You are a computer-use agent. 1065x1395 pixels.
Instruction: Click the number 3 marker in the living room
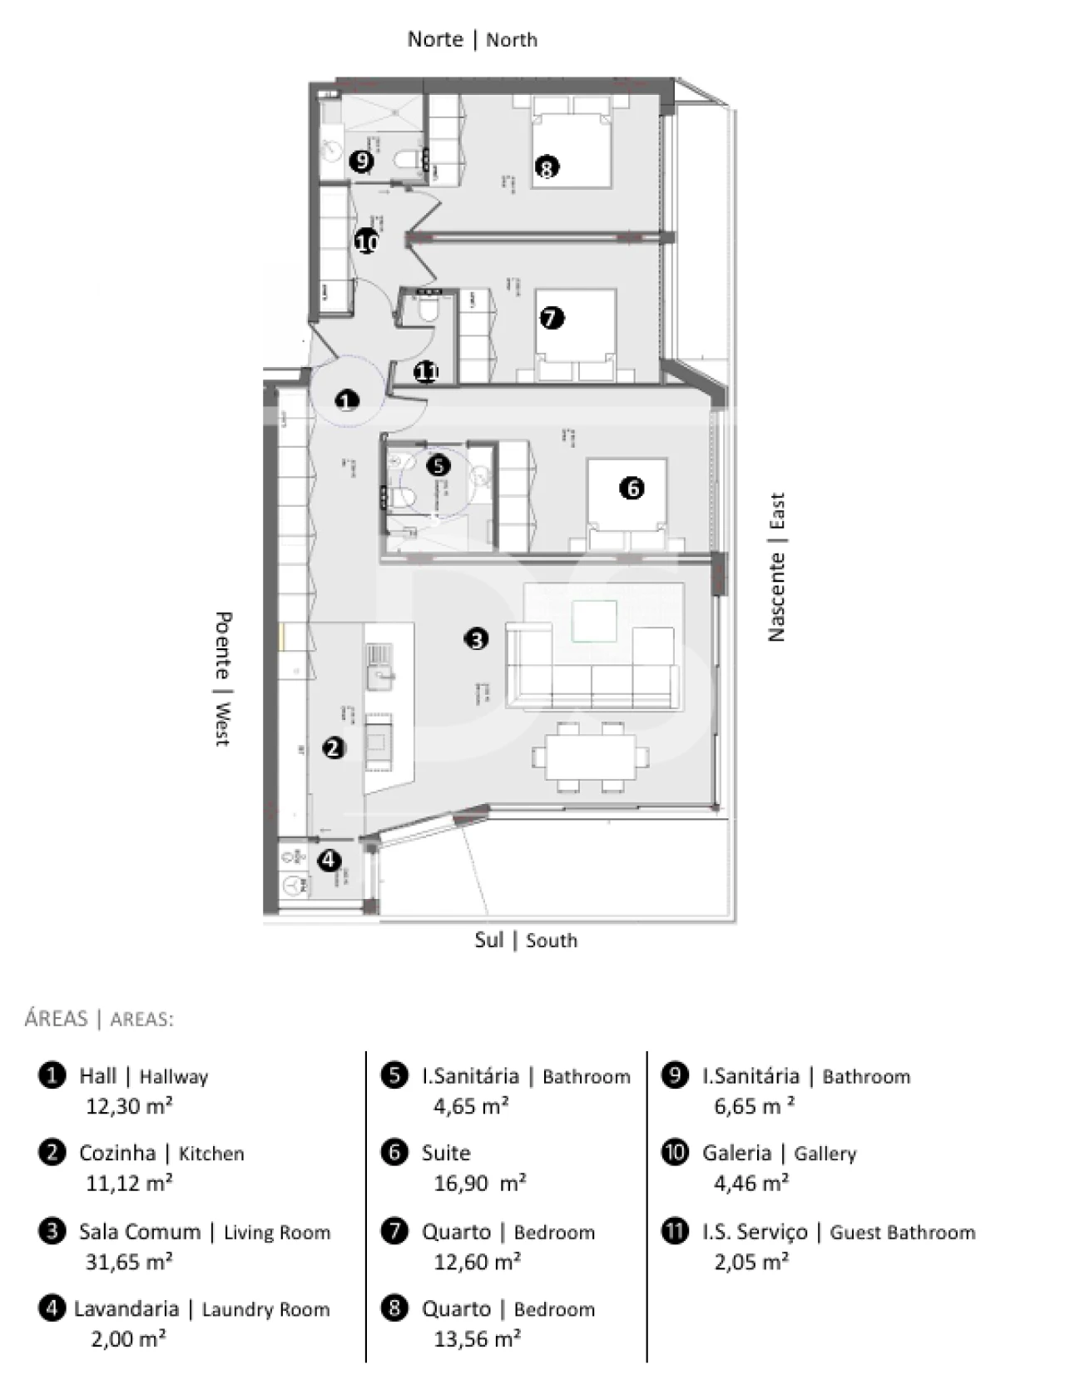click(476, 639)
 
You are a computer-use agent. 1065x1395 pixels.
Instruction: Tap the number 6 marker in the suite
click(632, 488)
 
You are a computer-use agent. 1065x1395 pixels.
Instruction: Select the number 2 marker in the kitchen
click(334, 747)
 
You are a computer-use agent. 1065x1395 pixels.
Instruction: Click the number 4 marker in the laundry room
click(329, 859)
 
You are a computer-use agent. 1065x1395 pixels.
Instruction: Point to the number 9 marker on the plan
click(361, 161)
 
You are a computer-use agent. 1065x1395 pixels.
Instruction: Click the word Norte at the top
click(435, 39)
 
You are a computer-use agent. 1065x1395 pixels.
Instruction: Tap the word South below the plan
click(551, 941)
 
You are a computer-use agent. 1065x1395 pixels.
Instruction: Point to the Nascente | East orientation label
click(775, 567)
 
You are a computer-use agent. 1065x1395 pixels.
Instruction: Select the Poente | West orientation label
click(222, 678)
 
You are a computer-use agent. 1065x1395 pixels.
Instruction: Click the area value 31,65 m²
click(129, 1262)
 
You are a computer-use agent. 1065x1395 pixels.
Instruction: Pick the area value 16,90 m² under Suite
click(479, 1183)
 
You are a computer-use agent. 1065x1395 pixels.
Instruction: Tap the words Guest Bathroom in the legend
click(902, 1232)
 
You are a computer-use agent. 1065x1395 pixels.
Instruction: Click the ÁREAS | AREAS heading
click(99, 1019)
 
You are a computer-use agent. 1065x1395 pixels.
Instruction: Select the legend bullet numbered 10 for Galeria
click(674, 1152)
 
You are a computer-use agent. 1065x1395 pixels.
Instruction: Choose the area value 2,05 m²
click(751, 1262)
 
